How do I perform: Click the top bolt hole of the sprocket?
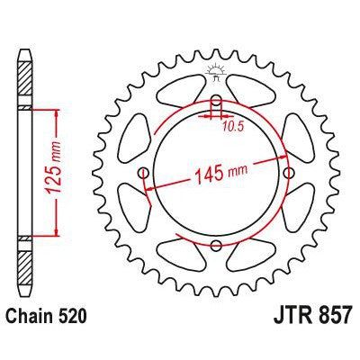click(x=215, y=100)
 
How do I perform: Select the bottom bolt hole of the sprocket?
click(x=215, y=245)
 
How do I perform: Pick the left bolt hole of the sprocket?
click(x=143, y=173)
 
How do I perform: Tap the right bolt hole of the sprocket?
click(x=288, y=173)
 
